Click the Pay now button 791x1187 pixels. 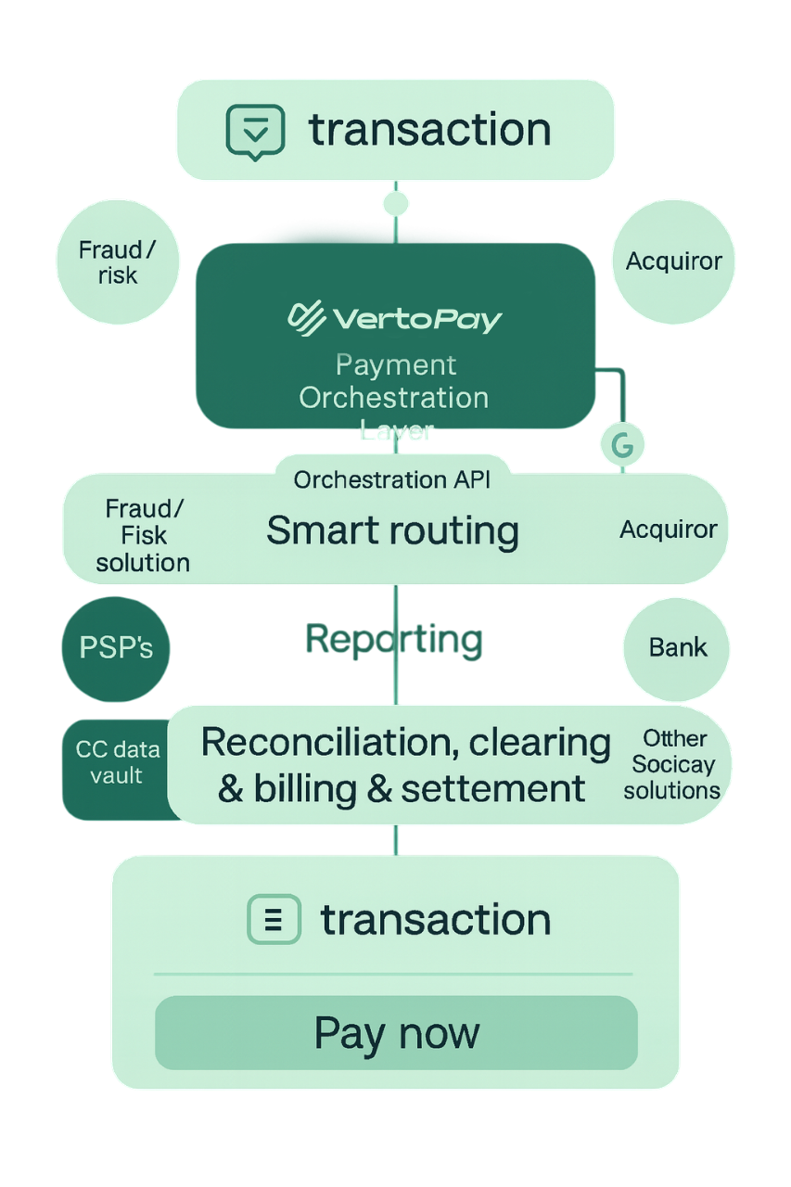pos(396,1033)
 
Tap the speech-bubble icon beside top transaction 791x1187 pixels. pos(255,132)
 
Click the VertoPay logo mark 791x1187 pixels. pos(307,318)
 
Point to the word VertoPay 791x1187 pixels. pos(416,320)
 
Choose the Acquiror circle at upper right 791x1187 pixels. pos(674,262)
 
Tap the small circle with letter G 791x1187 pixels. pos(622,444)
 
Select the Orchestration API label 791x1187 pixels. pos(392,479)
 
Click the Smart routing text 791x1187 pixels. pos(392,530)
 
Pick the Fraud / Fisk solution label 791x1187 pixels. pos(143,535)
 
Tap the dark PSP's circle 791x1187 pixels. pos(116,647)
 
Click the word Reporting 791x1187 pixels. pos(394,639)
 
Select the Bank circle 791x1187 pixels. pos(677,647)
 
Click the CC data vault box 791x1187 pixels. pos(117,762)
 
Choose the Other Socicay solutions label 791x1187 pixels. pos(673,765)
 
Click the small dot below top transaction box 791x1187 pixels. pos(396,203)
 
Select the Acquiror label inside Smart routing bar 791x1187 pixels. pos(668,530)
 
